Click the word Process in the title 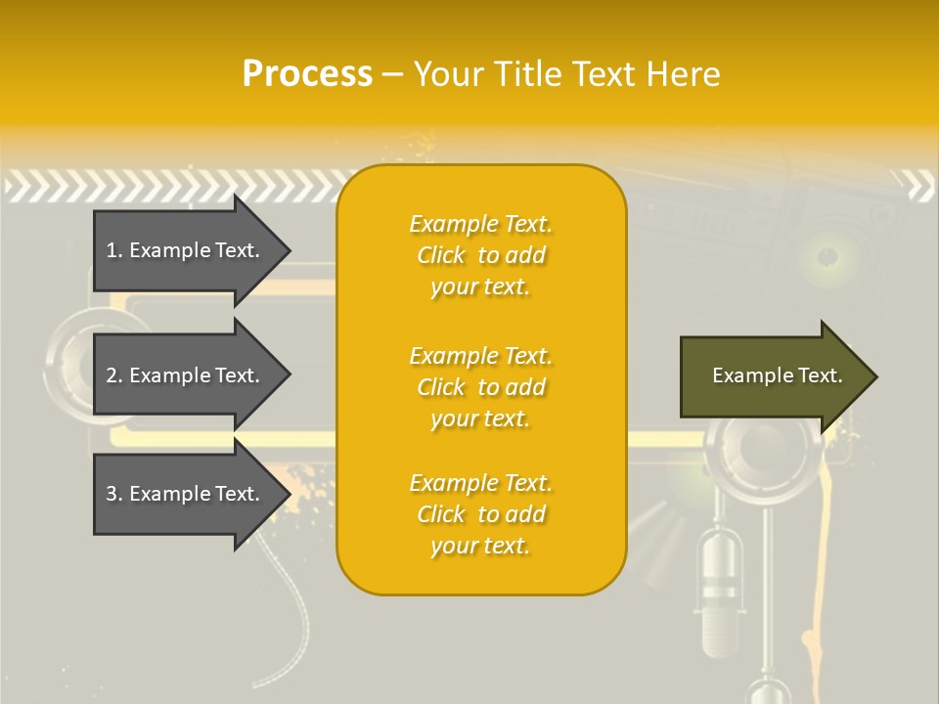[307, 74]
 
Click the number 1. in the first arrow [114, 250]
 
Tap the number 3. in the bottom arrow [114, 494]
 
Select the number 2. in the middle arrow [114, 375]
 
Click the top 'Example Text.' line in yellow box [480, 224]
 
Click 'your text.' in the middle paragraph [480, 418]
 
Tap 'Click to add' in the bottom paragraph [480, 514]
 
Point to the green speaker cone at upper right [827, 257]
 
